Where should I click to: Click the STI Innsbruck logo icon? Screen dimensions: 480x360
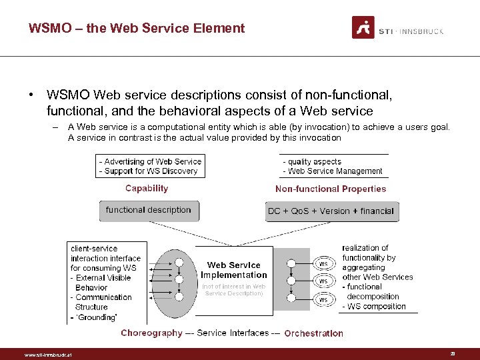(x=363, y=27)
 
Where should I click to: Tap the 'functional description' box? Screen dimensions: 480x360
(x=148, y=210)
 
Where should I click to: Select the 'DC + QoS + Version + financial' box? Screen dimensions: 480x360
(x=331, y=211)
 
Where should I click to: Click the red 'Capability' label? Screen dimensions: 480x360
(x=147, y=189)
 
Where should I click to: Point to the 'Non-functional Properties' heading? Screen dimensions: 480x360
(x=331, y=189)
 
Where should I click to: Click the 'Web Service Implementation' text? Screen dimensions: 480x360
(x=233, y=270)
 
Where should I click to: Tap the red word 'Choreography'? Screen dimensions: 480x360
(x=151, y=333)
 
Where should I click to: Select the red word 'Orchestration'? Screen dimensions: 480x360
(x=313, y=333)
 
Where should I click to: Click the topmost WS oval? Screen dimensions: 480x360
(x=323, y=263)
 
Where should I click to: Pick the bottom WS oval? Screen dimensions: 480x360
(x=323, y=299)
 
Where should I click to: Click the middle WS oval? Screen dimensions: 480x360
(x=323, y=281)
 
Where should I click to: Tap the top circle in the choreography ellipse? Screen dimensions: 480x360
(x=179, y=263)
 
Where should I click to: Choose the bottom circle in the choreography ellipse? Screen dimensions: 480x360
(x=179, y=296)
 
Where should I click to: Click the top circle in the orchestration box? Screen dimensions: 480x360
(x=291, y=263)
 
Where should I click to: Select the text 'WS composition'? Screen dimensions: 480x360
(x=377, y=307)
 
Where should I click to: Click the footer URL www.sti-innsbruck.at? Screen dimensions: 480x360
(x=47, y=355)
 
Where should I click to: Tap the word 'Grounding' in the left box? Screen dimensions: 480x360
(x=97, y=317)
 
